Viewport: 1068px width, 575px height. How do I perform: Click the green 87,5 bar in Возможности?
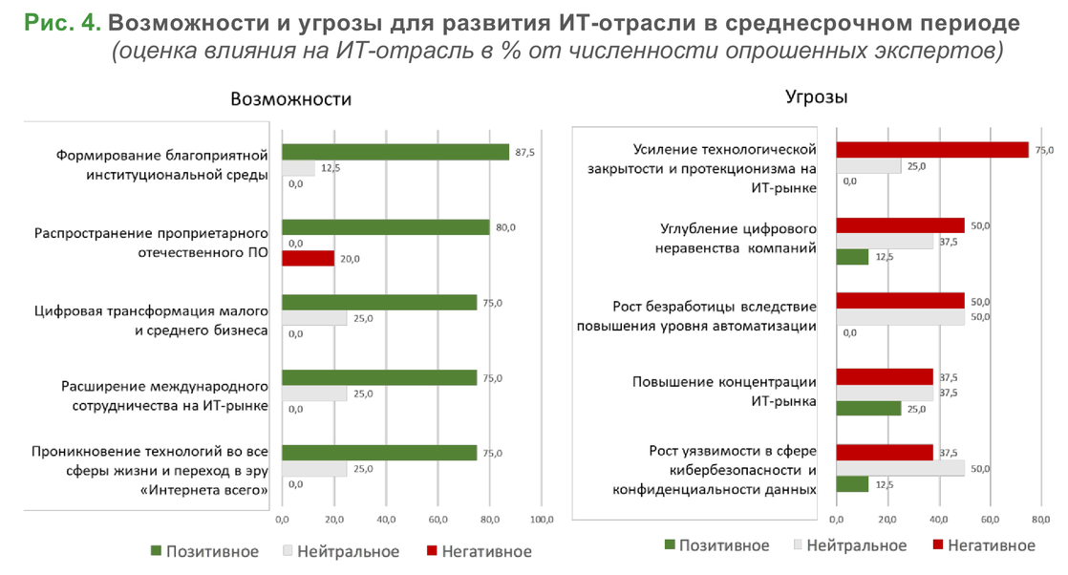click(x=395, y=152)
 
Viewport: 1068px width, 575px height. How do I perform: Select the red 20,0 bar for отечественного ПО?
click(x=308, y=259)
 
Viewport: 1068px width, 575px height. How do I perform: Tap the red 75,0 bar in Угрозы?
click(x=932, y=150)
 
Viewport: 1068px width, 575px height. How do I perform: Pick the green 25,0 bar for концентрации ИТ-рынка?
click(x=868, y=409)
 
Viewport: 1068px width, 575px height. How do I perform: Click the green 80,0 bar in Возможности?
click(x=386, y=227)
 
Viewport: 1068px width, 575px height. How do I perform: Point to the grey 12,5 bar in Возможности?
click(x=298, y=168)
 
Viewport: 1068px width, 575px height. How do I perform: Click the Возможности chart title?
click(x=290, y=99)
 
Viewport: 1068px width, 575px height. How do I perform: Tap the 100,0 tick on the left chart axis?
click(x=541, y=521)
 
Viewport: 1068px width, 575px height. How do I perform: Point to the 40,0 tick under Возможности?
click(x=386, y=521)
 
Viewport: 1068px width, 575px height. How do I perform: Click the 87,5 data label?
click(x=524, y=152)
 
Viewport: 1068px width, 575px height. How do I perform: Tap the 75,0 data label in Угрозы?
click(x=1044, y=150)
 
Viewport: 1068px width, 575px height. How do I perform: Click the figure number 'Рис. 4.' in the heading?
click(x=62, y=22)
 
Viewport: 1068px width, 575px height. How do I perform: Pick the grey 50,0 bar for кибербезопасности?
click(x=901, y=468)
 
